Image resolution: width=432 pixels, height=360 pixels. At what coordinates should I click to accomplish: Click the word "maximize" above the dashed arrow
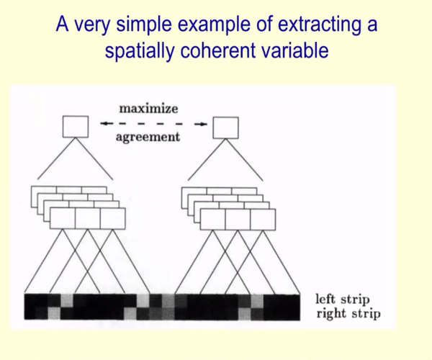(148, 109)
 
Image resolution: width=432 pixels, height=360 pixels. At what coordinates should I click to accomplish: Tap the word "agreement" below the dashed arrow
(148, 137)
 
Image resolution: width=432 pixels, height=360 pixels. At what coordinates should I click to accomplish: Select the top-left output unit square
(76, 127)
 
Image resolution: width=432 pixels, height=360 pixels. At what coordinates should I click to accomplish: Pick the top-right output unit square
(225, 127)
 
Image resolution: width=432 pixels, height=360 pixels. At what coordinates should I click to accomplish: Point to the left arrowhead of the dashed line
(104, 123)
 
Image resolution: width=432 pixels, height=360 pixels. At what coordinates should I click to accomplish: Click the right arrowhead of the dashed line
(203, 125)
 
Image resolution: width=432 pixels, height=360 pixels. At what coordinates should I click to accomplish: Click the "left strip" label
(342, 299)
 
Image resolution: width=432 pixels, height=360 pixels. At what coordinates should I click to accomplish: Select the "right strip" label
(348, 314)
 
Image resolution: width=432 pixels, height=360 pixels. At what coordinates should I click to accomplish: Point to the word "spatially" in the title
(140, 50)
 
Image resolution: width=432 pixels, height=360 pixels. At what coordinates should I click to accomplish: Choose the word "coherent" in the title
(217, 50)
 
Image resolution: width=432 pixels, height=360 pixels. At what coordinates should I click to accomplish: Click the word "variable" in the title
(294, 50)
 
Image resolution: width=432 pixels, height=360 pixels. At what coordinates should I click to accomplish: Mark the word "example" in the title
(214, 24)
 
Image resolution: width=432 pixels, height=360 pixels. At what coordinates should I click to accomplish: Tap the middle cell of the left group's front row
(88, 219)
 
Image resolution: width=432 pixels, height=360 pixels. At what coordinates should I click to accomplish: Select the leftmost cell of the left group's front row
(63, 219)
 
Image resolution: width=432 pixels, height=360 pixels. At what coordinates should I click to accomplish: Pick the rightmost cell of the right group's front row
(263, 220)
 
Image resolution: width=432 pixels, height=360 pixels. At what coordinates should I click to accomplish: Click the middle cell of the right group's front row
(238, 220)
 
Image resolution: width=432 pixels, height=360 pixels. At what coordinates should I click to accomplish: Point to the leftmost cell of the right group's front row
(212, 220)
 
